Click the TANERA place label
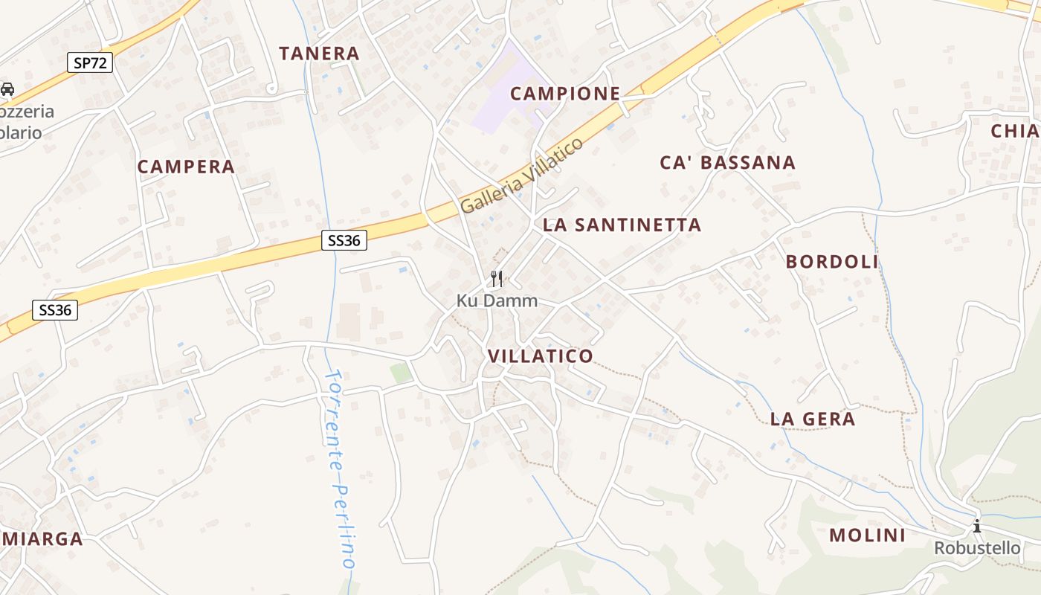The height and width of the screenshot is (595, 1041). [319, 54]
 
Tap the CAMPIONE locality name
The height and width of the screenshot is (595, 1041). [565, 94]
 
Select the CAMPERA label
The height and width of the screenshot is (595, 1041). [186, 167]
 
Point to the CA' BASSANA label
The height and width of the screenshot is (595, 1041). [728, 163]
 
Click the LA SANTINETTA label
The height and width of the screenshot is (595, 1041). [622, 225]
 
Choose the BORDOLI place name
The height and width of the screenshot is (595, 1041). [832, 262]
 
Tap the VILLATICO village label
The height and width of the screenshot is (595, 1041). [541, 356]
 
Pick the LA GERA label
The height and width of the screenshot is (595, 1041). [813, 419]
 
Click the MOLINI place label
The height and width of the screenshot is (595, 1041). [867, 535]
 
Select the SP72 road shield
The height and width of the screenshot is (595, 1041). [91, 63]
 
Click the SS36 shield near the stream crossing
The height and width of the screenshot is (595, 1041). [344, 240]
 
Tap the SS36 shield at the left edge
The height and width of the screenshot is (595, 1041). [55, 310]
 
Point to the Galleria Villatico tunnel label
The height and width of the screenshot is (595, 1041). [522, 177]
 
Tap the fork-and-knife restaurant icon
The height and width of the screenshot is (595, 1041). [497, 279]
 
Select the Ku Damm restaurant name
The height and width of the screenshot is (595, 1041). [496, 301]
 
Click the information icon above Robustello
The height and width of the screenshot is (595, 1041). [977, 527]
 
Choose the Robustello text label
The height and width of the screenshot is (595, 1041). [977, 548]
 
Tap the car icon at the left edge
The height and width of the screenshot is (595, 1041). [7, 89]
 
